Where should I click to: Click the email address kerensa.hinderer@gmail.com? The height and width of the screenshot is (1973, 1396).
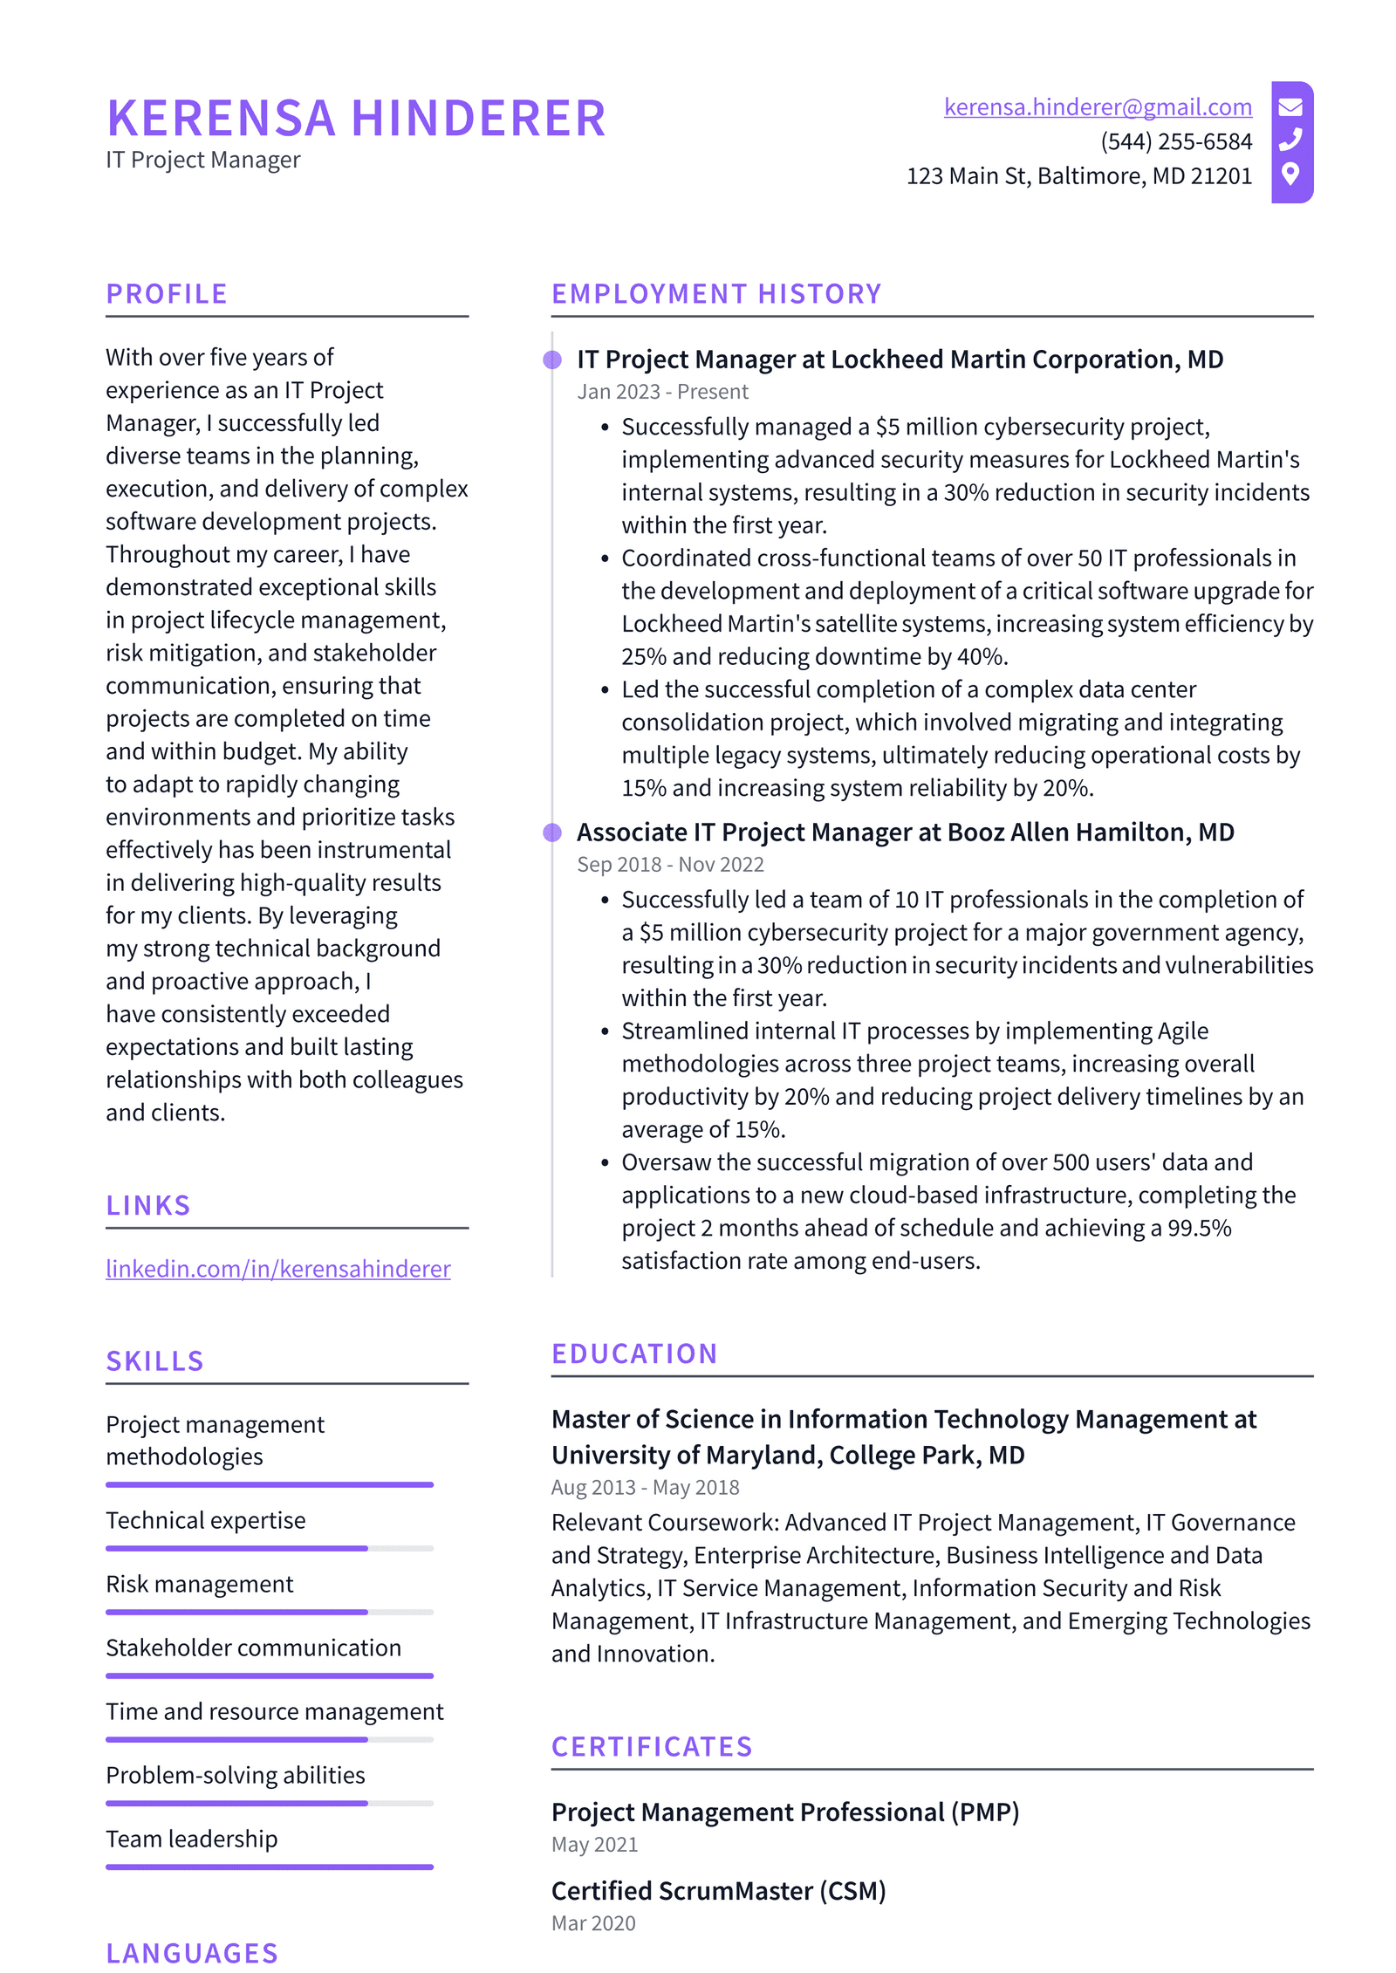click(1097, 107)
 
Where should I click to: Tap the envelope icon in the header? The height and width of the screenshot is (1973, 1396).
click(1290, 107)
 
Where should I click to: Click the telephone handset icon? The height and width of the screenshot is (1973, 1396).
click(1290, 140)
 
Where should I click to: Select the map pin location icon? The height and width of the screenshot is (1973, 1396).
click(1290, 174)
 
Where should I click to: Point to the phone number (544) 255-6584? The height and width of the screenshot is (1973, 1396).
click(1175, 141)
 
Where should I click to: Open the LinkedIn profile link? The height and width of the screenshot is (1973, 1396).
click(278, 1268)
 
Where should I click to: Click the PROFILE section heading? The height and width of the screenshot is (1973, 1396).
click(167, 294)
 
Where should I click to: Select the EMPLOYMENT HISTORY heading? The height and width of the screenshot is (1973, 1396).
click(716, 294)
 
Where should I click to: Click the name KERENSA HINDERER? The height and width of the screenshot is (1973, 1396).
click(356, 119)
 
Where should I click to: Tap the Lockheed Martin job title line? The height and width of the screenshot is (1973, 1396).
click(900, 360)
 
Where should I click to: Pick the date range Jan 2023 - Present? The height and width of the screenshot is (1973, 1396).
click(662, 392)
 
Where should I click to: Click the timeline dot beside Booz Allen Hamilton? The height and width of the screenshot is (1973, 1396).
click(552, 832)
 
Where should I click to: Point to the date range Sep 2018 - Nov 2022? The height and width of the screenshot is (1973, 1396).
click(670, 865)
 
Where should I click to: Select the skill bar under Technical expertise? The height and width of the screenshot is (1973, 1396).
click(269, 1548)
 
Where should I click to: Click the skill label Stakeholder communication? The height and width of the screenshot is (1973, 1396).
click(253, 1648)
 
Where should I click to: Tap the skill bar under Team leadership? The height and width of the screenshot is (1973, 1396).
click(269, 1867)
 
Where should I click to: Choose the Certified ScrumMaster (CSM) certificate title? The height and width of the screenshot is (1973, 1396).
click(718, 1891)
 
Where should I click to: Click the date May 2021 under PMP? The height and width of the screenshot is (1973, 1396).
click(594, 1845)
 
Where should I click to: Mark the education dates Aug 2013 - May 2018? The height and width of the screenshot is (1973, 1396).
click(645, 1487)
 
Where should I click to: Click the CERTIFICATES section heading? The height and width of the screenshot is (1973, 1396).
click(652, 1747)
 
